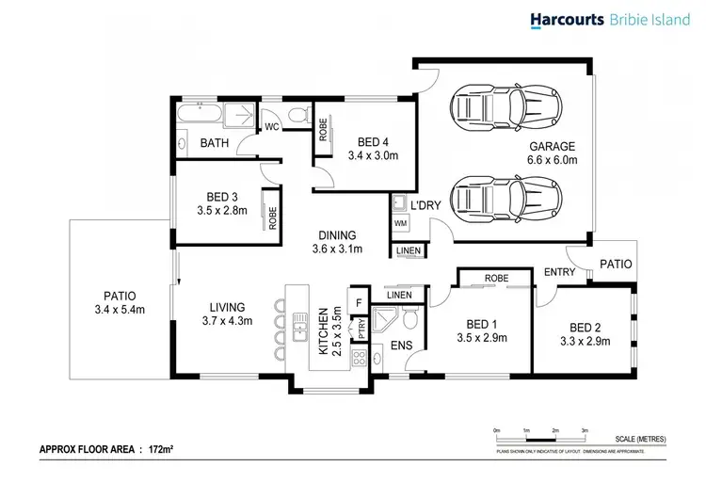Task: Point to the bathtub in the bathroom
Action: (x=200, y=115)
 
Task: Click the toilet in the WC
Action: (x=299, y=116)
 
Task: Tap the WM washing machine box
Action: (x=399, y=224)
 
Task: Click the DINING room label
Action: (x=336, y=235)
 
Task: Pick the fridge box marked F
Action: (x=359, y=302)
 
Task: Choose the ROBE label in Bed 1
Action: (x=496, y=279)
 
